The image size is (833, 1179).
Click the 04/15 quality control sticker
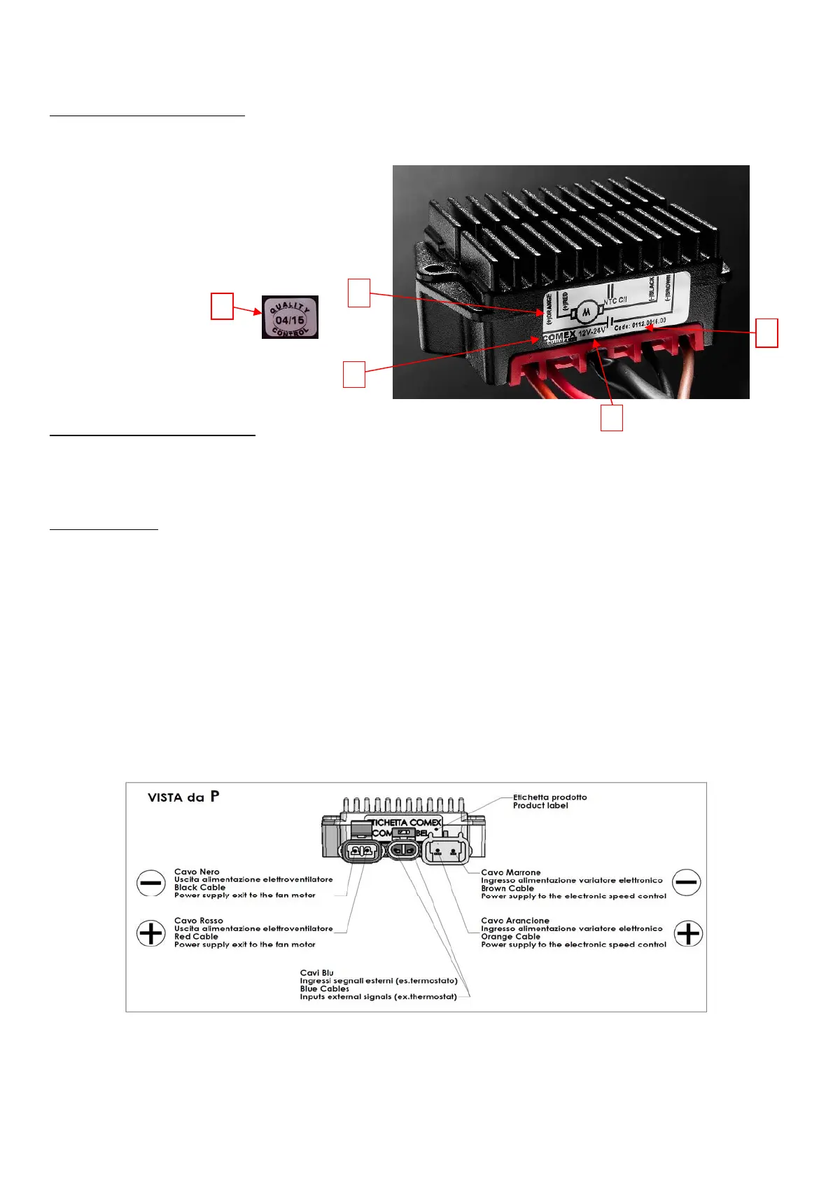point(290,317)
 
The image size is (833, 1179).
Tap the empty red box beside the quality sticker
point(223,307)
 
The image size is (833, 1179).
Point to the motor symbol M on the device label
point(587,311)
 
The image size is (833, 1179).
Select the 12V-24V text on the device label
point(591,329)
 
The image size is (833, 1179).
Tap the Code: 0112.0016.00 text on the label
point(640,324)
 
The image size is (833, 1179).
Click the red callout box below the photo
point(612,419)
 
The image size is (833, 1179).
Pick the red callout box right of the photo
point(767,333)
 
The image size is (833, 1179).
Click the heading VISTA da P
point(183,797)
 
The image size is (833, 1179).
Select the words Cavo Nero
point(197,872)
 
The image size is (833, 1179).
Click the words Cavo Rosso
point(199,921)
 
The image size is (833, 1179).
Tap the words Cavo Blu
point(316,972)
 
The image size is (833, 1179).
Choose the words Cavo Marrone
point(510,872)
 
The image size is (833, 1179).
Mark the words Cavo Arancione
point(514,921)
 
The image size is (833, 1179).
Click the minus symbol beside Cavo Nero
point(151,884)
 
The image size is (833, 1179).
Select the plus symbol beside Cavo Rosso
point(151,933)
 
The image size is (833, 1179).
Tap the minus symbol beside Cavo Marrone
point(686,882)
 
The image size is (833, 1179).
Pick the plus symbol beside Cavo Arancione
point(687,933)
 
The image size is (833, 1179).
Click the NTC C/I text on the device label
point(615,300)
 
